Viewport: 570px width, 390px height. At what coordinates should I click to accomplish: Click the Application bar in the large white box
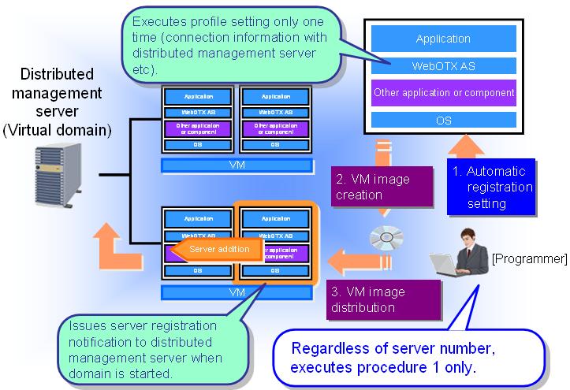point(442,38)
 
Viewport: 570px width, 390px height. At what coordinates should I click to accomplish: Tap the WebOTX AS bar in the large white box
point(442,65)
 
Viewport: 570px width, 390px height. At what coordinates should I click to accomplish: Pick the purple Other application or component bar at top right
point(442,93)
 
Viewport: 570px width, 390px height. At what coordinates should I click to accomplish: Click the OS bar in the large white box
point(442,121)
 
